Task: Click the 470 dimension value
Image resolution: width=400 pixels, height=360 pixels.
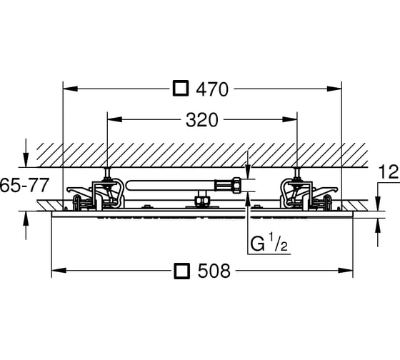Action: tap(212, 89)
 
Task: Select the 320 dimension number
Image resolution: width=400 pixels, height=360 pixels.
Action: tap(202, 120)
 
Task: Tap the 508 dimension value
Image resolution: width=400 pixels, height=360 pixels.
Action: tap(214, 271)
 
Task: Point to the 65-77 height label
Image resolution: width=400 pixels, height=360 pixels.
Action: tap(24, 186)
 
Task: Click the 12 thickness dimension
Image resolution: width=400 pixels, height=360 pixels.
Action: tap(389, 172)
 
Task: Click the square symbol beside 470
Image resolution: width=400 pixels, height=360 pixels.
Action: tap(181, 89)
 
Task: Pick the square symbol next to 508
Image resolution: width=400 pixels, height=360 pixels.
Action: tap(181, 271)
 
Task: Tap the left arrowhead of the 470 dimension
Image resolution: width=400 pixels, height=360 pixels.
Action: tap(70, 89)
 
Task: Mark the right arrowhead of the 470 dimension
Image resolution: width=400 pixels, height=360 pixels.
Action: tap(334, 89)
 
